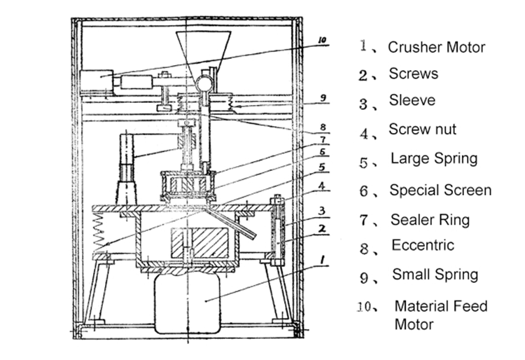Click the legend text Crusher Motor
click(436, 48)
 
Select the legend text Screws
click(414, 74)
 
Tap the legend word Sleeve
click(412, 101)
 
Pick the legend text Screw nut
click(422, 130)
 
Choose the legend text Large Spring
click(433, 159)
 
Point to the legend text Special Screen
click(440, 190)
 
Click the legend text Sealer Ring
click(429, 220)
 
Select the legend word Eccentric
click(422, 246)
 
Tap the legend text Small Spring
click(435, 274)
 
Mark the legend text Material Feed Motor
click(440, 314)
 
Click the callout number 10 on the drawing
click(321, 41)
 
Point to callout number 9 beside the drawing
click(323, 99)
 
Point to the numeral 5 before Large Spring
click(363, 162)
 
